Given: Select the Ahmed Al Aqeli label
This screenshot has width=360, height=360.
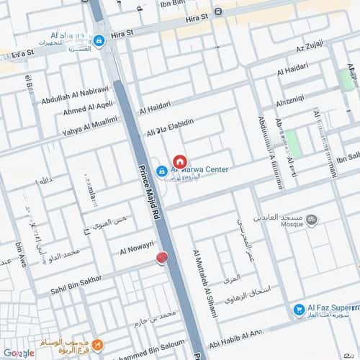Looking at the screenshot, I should [x=87, y=108].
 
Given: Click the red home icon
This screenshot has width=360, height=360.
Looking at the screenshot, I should [x=180, y=161].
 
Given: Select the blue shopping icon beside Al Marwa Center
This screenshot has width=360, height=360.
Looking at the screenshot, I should [x=162, y=171].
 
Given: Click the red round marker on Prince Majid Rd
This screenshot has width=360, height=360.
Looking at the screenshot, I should [x=162, y=258].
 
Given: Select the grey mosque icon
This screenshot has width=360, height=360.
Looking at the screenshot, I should [x=312, y=220].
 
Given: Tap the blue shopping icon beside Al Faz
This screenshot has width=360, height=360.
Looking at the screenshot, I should [x=299, y=310].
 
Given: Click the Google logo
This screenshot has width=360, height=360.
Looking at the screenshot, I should [x=18, y=353].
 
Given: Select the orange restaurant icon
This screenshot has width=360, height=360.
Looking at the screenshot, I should [x=98, y=344].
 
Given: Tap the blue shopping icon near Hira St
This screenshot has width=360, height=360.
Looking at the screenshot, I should [x=99, y=41].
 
